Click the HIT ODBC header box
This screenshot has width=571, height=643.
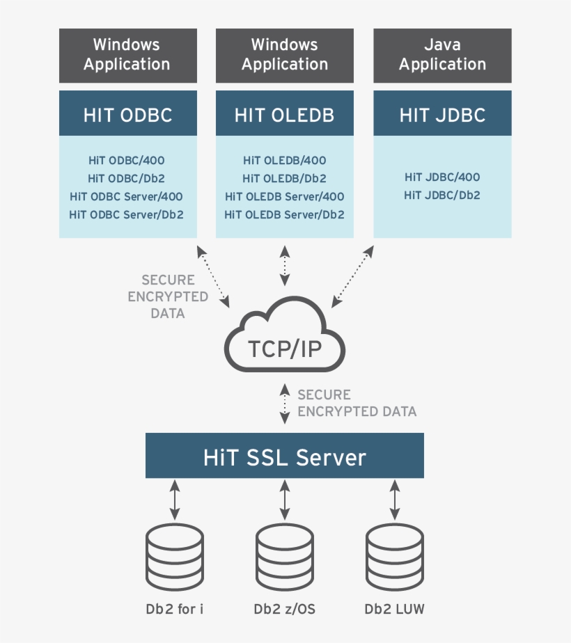tap(127, 113)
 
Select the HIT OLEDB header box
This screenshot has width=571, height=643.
tap(284, 113)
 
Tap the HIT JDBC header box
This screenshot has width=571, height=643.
tap(442, 113)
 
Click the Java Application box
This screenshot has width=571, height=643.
tap(442, 55)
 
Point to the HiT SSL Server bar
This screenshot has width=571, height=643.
tap(284, 457)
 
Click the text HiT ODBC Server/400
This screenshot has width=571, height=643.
tap(127, 197)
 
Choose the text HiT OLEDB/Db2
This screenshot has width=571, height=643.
tap(284, 179)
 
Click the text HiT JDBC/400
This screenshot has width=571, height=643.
tap(442, 177)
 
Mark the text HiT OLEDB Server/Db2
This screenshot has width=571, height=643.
tap(284, 215)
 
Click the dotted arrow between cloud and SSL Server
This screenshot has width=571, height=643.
tap(285, 404)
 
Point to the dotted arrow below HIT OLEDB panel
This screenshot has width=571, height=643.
tap(285, 265)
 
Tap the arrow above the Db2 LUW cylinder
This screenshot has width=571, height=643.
tap(395, 500)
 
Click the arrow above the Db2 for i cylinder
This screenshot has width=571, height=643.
tap(175, 500)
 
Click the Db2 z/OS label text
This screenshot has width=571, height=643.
tap(284, 610)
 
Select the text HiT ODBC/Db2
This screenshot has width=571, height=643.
tap(127, 179)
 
